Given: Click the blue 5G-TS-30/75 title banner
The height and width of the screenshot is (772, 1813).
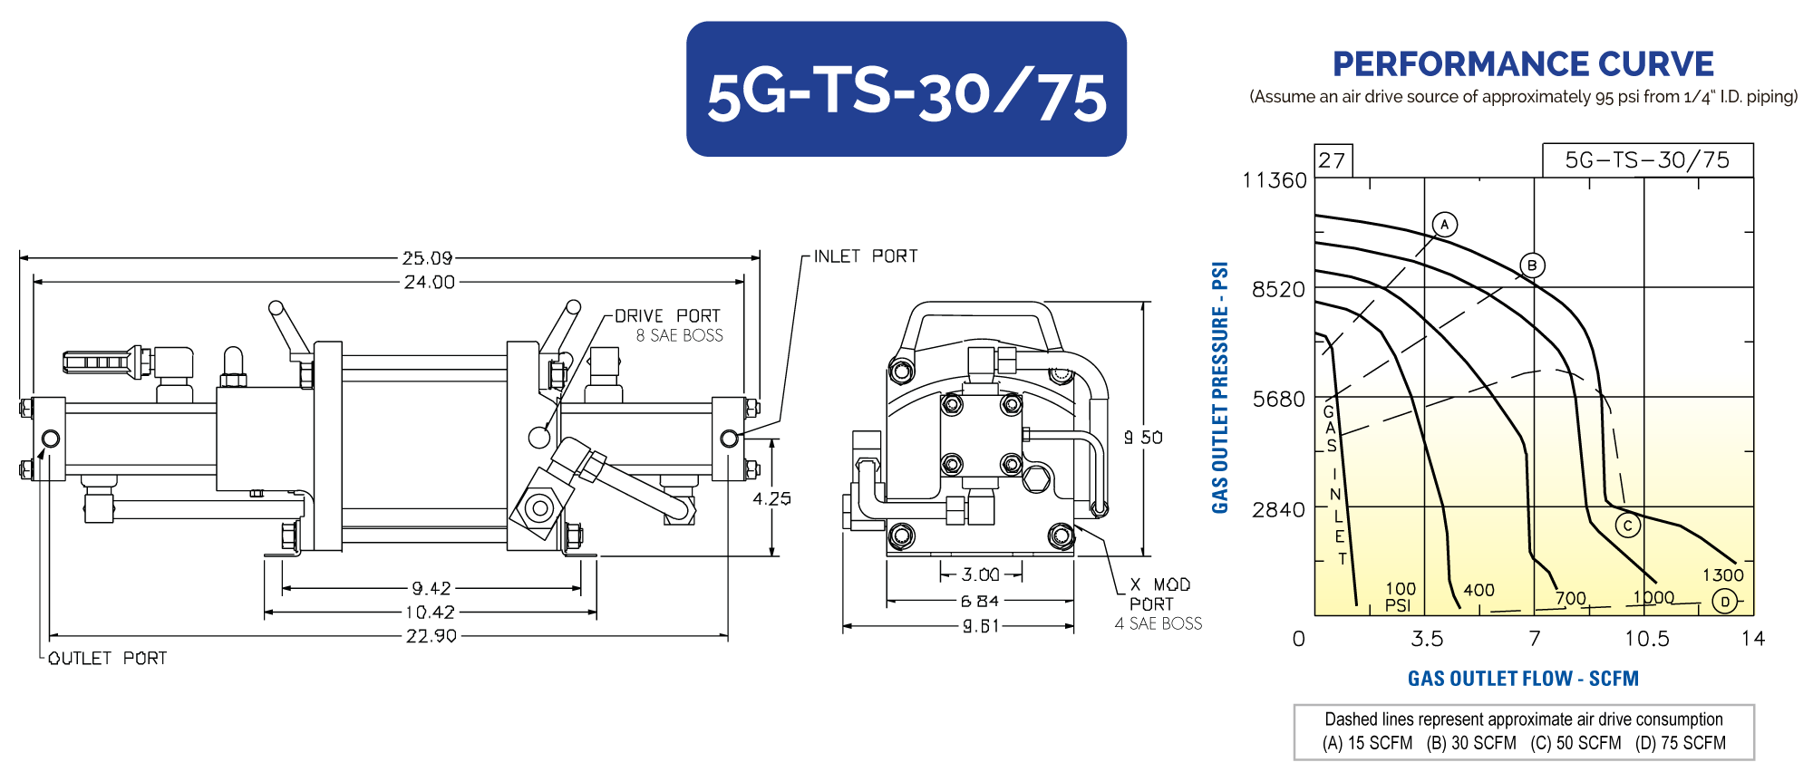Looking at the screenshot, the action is coord(906,89).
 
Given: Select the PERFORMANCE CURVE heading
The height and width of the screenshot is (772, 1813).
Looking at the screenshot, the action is coord(1523,64).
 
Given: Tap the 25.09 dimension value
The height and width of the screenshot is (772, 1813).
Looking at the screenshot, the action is coord(428,258).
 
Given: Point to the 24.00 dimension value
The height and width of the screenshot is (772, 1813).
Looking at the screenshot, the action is coord(430,282).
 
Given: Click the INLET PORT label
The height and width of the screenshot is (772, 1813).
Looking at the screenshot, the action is coord(866,256).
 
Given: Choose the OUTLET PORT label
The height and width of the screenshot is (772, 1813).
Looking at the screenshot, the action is coord(108,658).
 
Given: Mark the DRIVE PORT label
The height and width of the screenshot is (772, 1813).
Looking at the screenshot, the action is coord(667,315).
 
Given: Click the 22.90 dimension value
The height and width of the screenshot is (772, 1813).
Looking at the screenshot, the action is coord(431,636).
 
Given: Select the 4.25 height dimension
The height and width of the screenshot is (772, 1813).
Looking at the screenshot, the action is coord(771,498).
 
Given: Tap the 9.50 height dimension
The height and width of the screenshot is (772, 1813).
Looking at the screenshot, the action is coord(1144,437).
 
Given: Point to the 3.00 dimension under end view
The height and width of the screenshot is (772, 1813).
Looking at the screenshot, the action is coord(981,574).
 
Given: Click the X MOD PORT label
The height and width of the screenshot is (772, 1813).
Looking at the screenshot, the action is coord(1159,594).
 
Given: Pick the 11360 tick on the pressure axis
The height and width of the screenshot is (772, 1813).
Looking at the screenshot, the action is coord(1275,180).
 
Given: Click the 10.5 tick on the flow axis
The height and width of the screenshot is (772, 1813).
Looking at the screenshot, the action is coord(1646,639).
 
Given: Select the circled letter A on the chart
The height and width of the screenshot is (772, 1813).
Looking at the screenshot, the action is coord(1445,224).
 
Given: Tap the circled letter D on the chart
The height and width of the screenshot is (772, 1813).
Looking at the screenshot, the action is coord(1725,601).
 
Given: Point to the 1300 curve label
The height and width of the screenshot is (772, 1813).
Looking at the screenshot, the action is coord(1723,574).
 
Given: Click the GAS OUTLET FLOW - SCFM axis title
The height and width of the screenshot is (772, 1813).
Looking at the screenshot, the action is coord(1523,679).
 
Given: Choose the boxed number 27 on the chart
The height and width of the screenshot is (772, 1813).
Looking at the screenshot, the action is coord(1332,160).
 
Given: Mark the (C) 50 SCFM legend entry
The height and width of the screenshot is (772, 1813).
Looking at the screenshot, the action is coord(1576,743).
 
